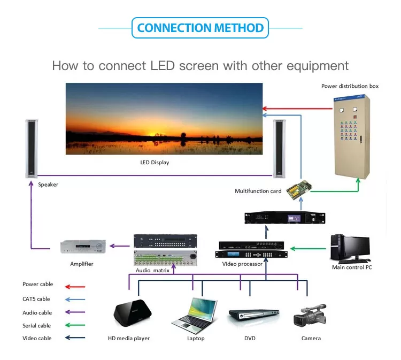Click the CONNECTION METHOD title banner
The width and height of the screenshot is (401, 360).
pyautogui.click(x=200, y=28)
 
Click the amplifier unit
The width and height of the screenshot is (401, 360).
pyautogui.click(x=82, y=247)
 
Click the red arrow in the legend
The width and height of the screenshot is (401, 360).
pyautogui.click(x=74, y=286)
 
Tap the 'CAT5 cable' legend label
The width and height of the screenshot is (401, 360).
pyautogui.click(x=36, y=299)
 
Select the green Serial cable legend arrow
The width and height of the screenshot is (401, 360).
pyautogui.click(x=74, y=325)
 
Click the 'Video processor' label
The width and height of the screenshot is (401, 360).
pyautogui.click(x=242, y=264)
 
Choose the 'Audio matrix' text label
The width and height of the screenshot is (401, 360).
pyautogui.click(x=153, y=271)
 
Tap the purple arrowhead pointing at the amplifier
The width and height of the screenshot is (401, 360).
pyautogui.click(x=111, y=246)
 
